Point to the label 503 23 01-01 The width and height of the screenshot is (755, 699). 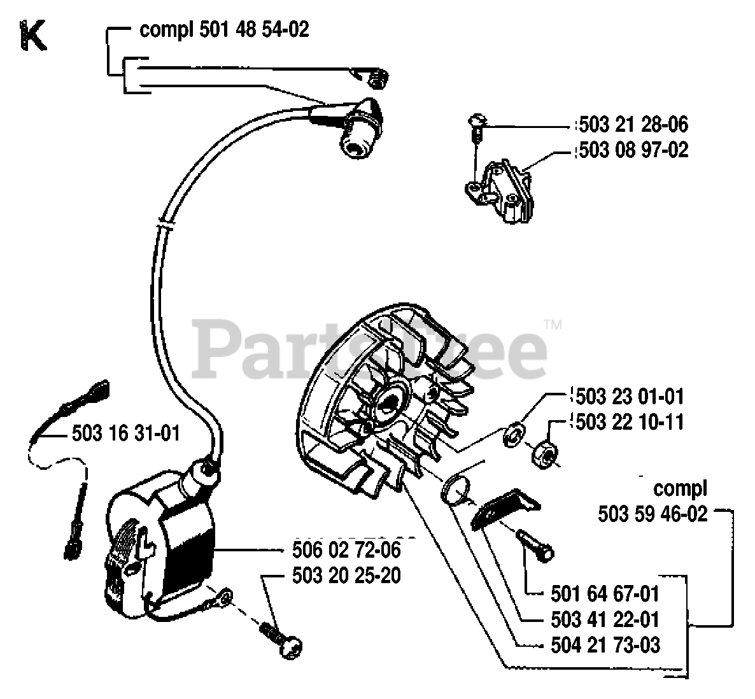628,397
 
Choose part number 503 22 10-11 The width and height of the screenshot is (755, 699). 628,421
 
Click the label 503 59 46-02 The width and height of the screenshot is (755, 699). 653,514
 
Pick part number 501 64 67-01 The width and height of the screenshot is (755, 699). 604,594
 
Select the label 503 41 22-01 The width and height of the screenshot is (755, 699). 604,619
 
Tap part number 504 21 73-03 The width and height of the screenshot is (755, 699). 604,645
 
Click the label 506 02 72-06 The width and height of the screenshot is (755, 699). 346,549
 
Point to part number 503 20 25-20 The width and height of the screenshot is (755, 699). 346,575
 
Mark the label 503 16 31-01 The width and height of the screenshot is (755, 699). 125,434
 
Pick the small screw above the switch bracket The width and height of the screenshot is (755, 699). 476,122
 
